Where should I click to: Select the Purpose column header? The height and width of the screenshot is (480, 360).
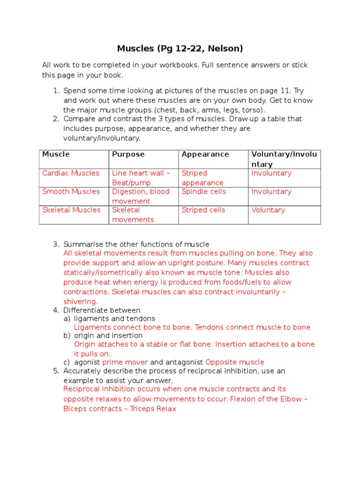128,154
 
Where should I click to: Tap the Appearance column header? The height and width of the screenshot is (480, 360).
205,154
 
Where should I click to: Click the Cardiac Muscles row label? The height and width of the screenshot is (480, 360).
71,173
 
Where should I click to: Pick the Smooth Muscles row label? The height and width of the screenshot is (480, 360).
71,191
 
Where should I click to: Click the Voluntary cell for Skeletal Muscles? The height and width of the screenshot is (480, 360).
268,210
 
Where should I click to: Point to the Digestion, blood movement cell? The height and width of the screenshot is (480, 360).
141,196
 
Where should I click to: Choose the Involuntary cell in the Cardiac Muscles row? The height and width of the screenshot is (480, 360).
271,173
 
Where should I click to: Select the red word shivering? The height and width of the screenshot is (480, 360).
80,301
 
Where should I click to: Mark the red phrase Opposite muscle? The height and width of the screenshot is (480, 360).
234,362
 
